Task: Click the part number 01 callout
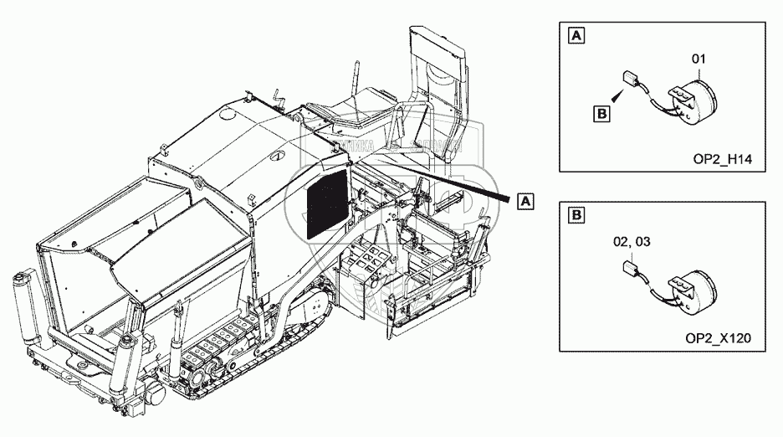click(699, 59)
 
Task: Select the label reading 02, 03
click(632, 242)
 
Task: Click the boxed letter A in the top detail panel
click(576, 35)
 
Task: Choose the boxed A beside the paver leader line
click(525, 201)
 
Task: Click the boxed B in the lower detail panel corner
click(576, 216)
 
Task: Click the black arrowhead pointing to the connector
click(619, 98)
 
